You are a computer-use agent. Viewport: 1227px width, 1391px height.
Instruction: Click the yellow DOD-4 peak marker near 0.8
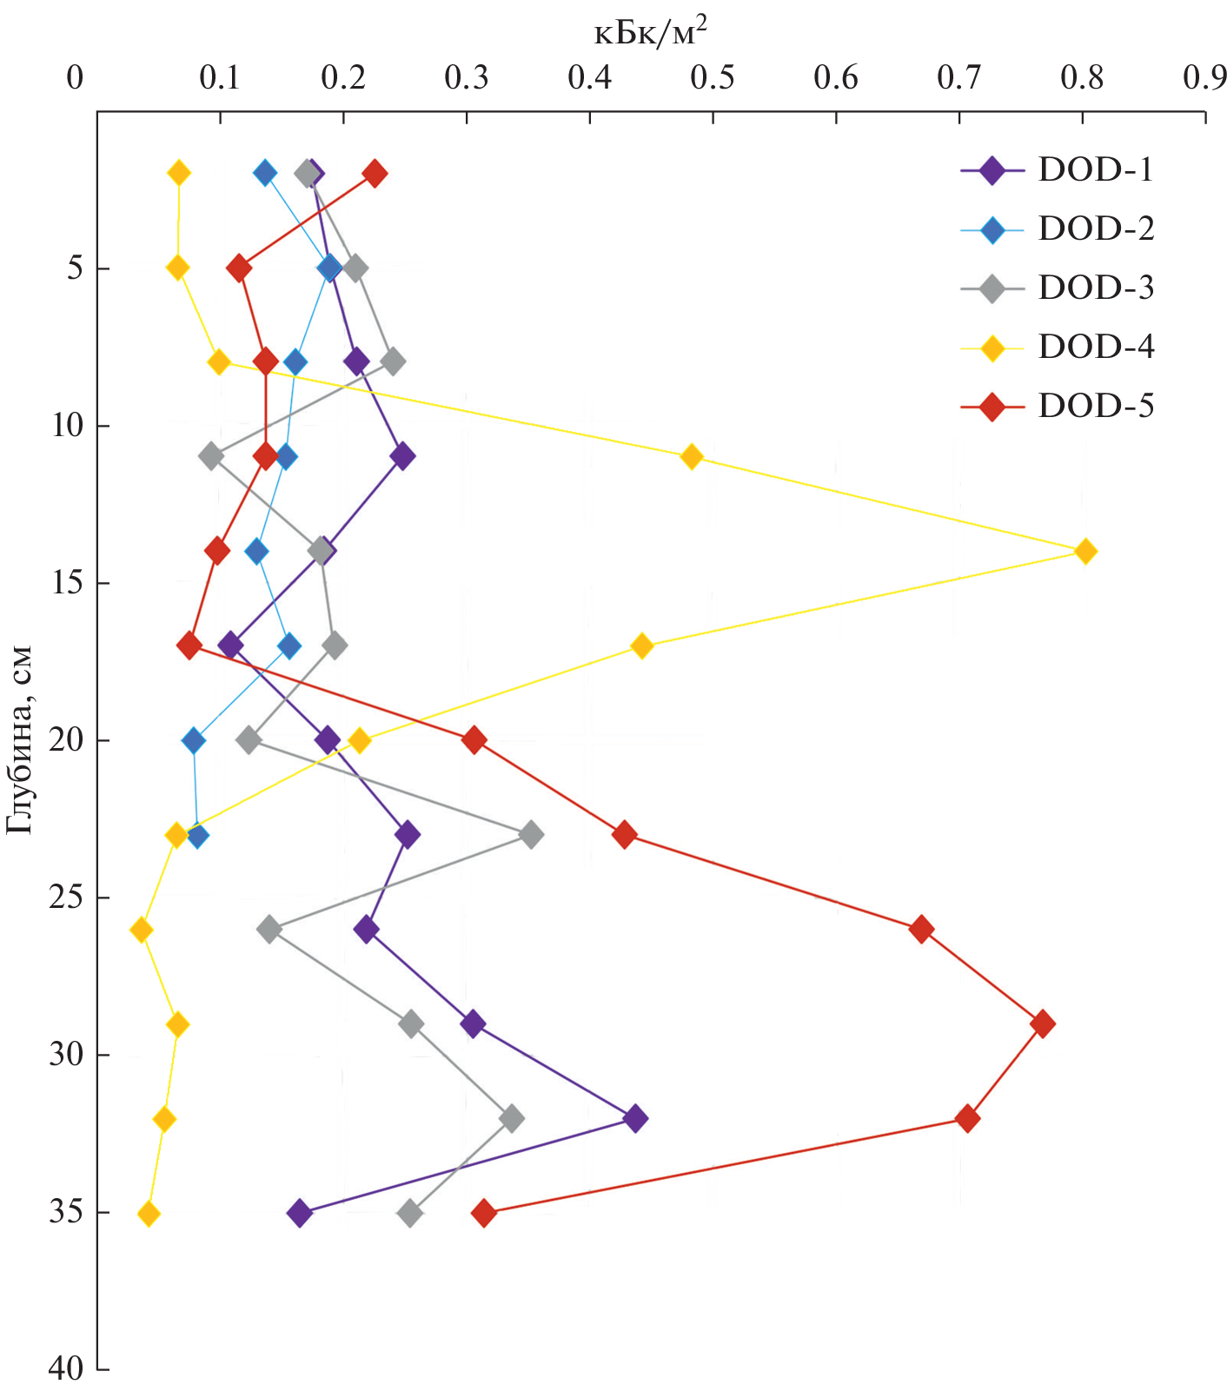[1084, 551]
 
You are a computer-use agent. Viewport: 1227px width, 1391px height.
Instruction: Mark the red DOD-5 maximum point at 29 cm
[1043, 1023]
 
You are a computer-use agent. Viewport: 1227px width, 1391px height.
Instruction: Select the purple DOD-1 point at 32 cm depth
[635, 1118]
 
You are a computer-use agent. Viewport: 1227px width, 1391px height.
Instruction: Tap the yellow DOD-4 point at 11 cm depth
[692, 456]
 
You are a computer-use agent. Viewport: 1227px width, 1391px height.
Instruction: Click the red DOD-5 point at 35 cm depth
[484, 1213]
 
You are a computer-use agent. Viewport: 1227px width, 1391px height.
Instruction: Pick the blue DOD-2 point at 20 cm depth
[194, 741]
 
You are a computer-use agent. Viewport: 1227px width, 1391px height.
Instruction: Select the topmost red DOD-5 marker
[375, 173]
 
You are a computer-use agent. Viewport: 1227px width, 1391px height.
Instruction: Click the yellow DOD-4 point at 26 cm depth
[141, 930]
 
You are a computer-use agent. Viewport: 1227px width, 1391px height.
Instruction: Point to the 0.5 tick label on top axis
[713, 79]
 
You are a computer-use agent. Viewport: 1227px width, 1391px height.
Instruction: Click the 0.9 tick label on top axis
[1204, 79]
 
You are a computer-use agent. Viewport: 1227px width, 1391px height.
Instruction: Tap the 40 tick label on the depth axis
[66, 1370]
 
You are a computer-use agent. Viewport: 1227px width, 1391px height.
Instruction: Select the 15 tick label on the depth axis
[66, 583]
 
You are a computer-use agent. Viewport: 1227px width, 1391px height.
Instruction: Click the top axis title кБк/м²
[650, 34]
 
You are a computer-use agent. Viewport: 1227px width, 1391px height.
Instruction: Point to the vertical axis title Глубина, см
[19, 739]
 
